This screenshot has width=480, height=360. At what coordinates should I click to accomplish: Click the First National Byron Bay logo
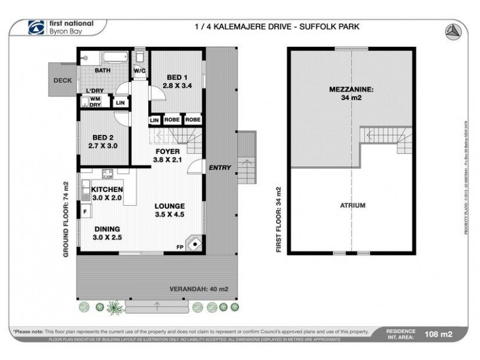[x=60, y=27]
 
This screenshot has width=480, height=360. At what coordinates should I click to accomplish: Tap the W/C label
[x=140, y=70]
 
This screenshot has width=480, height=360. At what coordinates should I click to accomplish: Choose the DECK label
[x=62, y=80]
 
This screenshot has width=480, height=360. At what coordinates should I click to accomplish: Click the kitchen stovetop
[x=109, y=174]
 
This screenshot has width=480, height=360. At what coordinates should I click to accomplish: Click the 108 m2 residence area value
[x=437, y=334]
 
